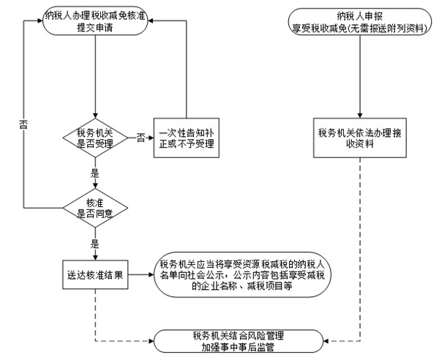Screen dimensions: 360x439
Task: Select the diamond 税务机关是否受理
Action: click(96, 137)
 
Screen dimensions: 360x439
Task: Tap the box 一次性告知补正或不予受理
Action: click(186, 137)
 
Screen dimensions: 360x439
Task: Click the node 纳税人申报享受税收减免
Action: click(360, 21)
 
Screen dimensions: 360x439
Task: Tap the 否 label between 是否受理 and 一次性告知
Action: click(140, 137)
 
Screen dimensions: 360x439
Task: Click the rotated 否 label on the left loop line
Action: click(24, 124)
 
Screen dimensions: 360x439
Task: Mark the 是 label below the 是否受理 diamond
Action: click(94, 174)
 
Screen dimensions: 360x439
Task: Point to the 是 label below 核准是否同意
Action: click(94, 244)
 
